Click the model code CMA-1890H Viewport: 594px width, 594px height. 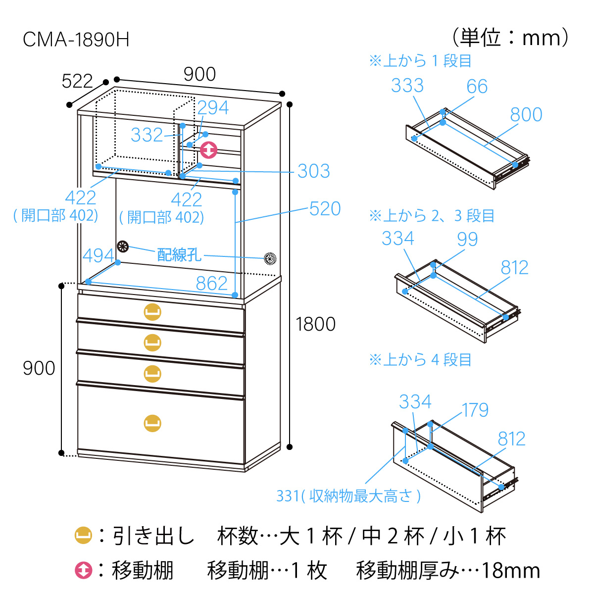pos(76,40)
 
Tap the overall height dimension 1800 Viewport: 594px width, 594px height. pos(315,324)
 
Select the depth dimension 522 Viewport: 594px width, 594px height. pos(77,81)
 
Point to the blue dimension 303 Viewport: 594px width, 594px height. pos(313,171)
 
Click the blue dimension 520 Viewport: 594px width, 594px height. pos(325,209)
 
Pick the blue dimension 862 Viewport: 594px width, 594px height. pos(211,283)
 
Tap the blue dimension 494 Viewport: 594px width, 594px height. pos(98,256)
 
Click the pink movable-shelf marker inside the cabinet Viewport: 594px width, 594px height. pos(208,149)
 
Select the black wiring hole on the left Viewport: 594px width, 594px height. pos(123,247)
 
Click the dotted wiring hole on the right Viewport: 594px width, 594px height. pos(270,258)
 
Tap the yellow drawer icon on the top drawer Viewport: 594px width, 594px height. pos(152,312)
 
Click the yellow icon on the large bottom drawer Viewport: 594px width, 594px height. pos(152,423)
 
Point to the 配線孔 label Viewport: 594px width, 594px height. pos(179,254)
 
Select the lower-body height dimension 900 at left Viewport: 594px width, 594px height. pos(39,368)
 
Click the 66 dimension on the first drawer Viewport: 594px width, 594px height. pos(477,87)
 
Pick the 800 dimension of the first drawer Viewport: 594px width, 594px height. pos(526,115)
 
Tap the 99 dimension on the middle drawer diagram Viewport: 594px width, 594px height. pos(467,240)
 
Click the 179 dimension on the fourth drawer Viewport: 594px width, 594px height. pos(475,410)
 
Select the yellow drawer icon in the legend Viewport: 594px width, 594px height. pos(83,536)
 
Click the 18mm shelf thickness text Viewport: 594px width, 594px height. pos(510,571)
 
